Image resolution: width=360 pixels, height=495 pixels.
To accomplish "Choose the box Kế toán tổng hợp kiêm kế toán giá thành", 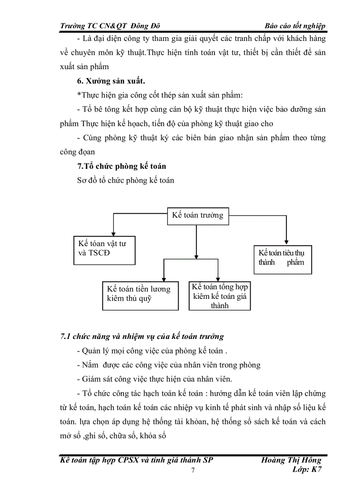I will coord(219,296).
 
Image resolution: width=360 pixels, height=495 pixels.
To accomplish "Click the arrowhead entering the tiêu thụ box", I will coord(286,242).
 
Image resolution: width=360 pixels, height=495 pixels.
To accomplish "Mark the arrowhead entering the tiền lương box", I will coord(164,279).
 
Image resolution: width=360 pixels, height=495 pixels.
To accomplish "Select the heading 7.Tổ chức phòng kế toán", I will coord(121,166).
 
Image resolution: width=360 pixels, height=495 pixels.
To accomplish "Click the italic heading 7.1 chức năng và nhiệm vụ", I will coord(142,336).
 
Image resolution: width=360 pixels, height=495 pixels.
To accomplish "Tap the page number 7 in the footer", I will coord(193,471).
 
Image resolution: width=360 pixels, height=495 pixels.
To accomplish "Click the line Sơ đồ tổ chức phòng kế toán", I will coord(125,180).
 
